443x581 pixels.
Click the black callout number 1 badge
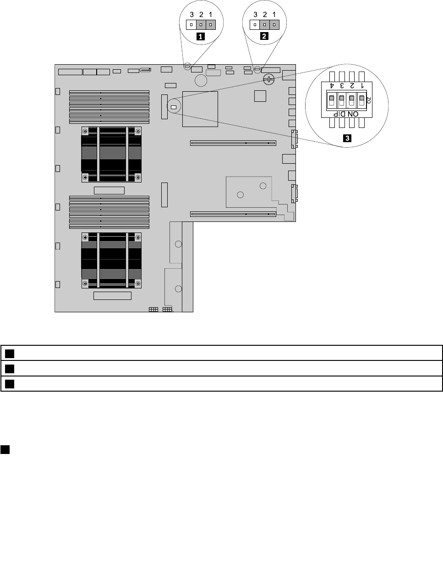[200, 36]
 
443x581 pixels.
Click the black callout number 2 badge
[264, 36]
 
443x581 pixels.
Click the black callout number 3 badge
[347, 138]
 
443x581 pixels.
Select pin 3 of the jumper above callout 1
[191, 25]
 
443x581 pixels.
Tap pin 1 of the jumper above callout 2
[274, 25]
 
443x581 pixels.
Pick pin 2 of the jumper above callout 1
[201, 25]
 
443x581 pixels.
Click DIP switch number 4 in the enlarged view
[332, 100]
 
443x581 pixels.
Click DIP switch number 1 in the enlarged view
[362, 100]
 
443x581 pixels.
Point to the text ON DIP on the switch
[346, 114]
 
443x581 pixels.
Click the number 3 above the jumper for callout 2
[255, 15]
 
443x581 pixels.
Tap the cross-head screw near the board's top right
[268, 79]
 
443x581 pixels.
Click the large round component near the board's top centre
[201, 80]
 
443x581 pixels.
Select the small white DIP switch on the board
[174, 107]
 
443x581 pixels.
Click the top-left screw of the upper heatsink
[85, 131]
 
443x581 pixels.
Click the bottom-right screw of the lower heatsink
[138, 283]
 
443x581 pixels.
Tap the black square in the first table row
[10, 354]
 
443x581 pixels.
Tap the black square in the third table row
[10, 384]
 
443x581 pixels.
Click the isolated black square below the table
[5, 450]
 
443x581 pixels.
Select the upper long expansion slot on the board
[233, 143]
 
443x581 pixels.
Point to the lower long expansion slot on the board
[233, 214]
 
